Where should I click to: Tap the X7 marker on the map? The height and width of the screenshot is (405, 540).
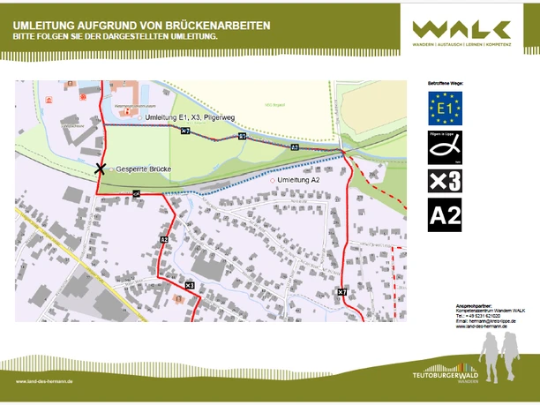[341, 292]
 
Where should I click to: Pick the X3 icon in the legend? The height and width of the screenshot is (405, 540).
[445, 181]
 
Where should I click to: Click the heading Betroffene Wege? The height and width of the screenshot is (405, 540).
[445, 83]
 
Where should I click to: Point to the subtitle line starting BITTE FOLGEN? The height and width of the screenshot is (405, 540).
[115, 39]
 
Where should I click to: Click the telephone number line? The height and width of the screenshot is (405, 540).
[476, 316]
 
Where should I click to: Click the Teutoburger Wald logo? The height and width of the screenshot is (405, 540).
[445, 371]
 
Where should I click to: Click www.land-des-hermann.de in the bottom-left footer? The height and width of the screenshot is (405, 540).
[44, 382]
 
